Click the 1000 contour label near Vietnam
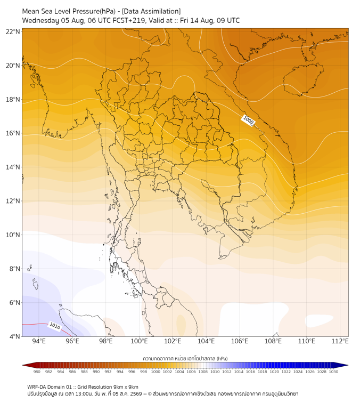[x=248, y=120]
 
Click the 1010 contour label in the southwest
[x=55, y=326]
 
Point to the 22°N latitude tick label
[x=13, y=31]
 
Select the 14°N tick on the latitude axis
[x=13, y=167]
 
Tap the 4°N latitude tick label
[x=14, y=336]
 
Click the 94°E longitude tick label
[x=39, y=341]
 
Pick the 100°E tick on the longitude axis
[x=139, y=341]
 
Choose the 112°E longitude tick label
[x=340, y=341]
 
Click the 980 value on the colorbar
[x=37, y=372]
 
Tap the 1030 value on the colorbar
[x=333, y=372]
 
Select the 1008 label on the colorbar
[x=203, y=372]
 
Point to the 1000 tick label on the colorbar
[x=156, y=372]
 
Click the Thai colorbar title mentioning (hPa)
[x=185, y=358]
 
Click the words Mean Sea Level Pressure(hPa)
[x=69, y=11]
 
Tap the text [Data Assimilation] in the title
[x=151, y=11]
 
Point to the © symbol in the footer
[x=150, y=394]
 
